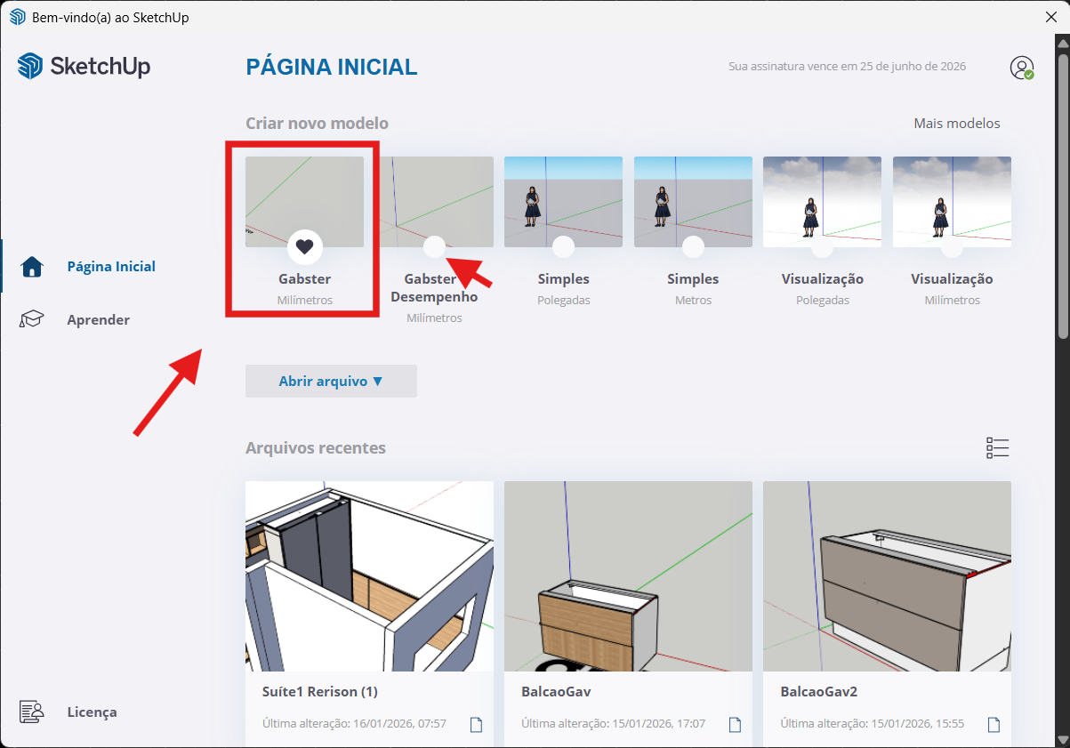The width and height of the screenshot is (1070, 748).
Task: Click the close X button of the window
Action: click(x=1051, y=17)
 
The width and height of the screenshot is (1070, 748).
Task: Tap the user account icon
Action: click(x=1022, y=68)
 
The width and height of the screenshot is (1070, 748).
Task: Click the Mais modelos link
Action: click(x=957, y=124)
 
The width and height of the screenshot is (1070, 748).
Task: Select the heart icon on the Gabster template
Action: click(x=305, y=247)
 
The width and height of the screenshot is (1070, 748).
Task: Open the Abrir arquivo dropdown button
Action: click(x=331, y=382)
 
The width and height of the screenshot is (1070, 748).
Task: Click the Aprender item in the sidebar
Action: click(x=98, y=319)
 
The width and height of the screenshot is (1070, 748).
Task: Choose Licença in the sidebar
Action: click(x=92, y=712)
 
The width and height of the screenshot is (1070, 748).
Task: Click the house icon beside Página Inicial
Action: click(x=32, y=267)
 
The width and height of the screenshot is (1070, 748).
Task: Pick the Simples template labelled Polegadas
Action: click(x=563, y=202)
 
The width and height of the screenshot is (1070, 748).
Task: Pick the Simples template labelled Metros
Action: click(x=693, y=202)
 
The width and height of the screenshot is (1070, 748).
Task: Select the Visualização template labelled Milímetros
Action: click(x=952, y=202)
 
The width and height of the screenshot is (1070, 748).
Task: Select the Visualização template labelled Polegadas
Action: click(x=822, y=202)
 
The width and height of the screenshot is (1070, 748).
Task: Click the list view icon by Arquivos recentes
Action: click(x=997, y=448)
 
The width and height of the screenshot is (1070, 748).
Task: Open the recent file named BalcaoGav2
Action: click(x=887, y=576)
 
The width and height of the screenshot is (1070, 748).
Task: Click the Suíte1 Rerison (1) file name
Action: click(x=320, y=692)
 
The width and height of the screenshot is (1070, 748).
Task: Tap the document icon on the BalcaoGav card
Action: click(x=735, y=725)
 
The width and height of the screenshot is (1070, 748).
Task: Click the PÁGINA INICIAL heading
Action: click(x=332, y=67)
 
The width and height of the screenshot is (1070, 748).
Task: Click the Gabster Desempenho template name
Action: click(x=434, y=287)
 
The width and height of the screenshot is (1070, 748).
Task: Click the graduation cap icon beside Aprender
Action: click(x=31, y=319)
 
